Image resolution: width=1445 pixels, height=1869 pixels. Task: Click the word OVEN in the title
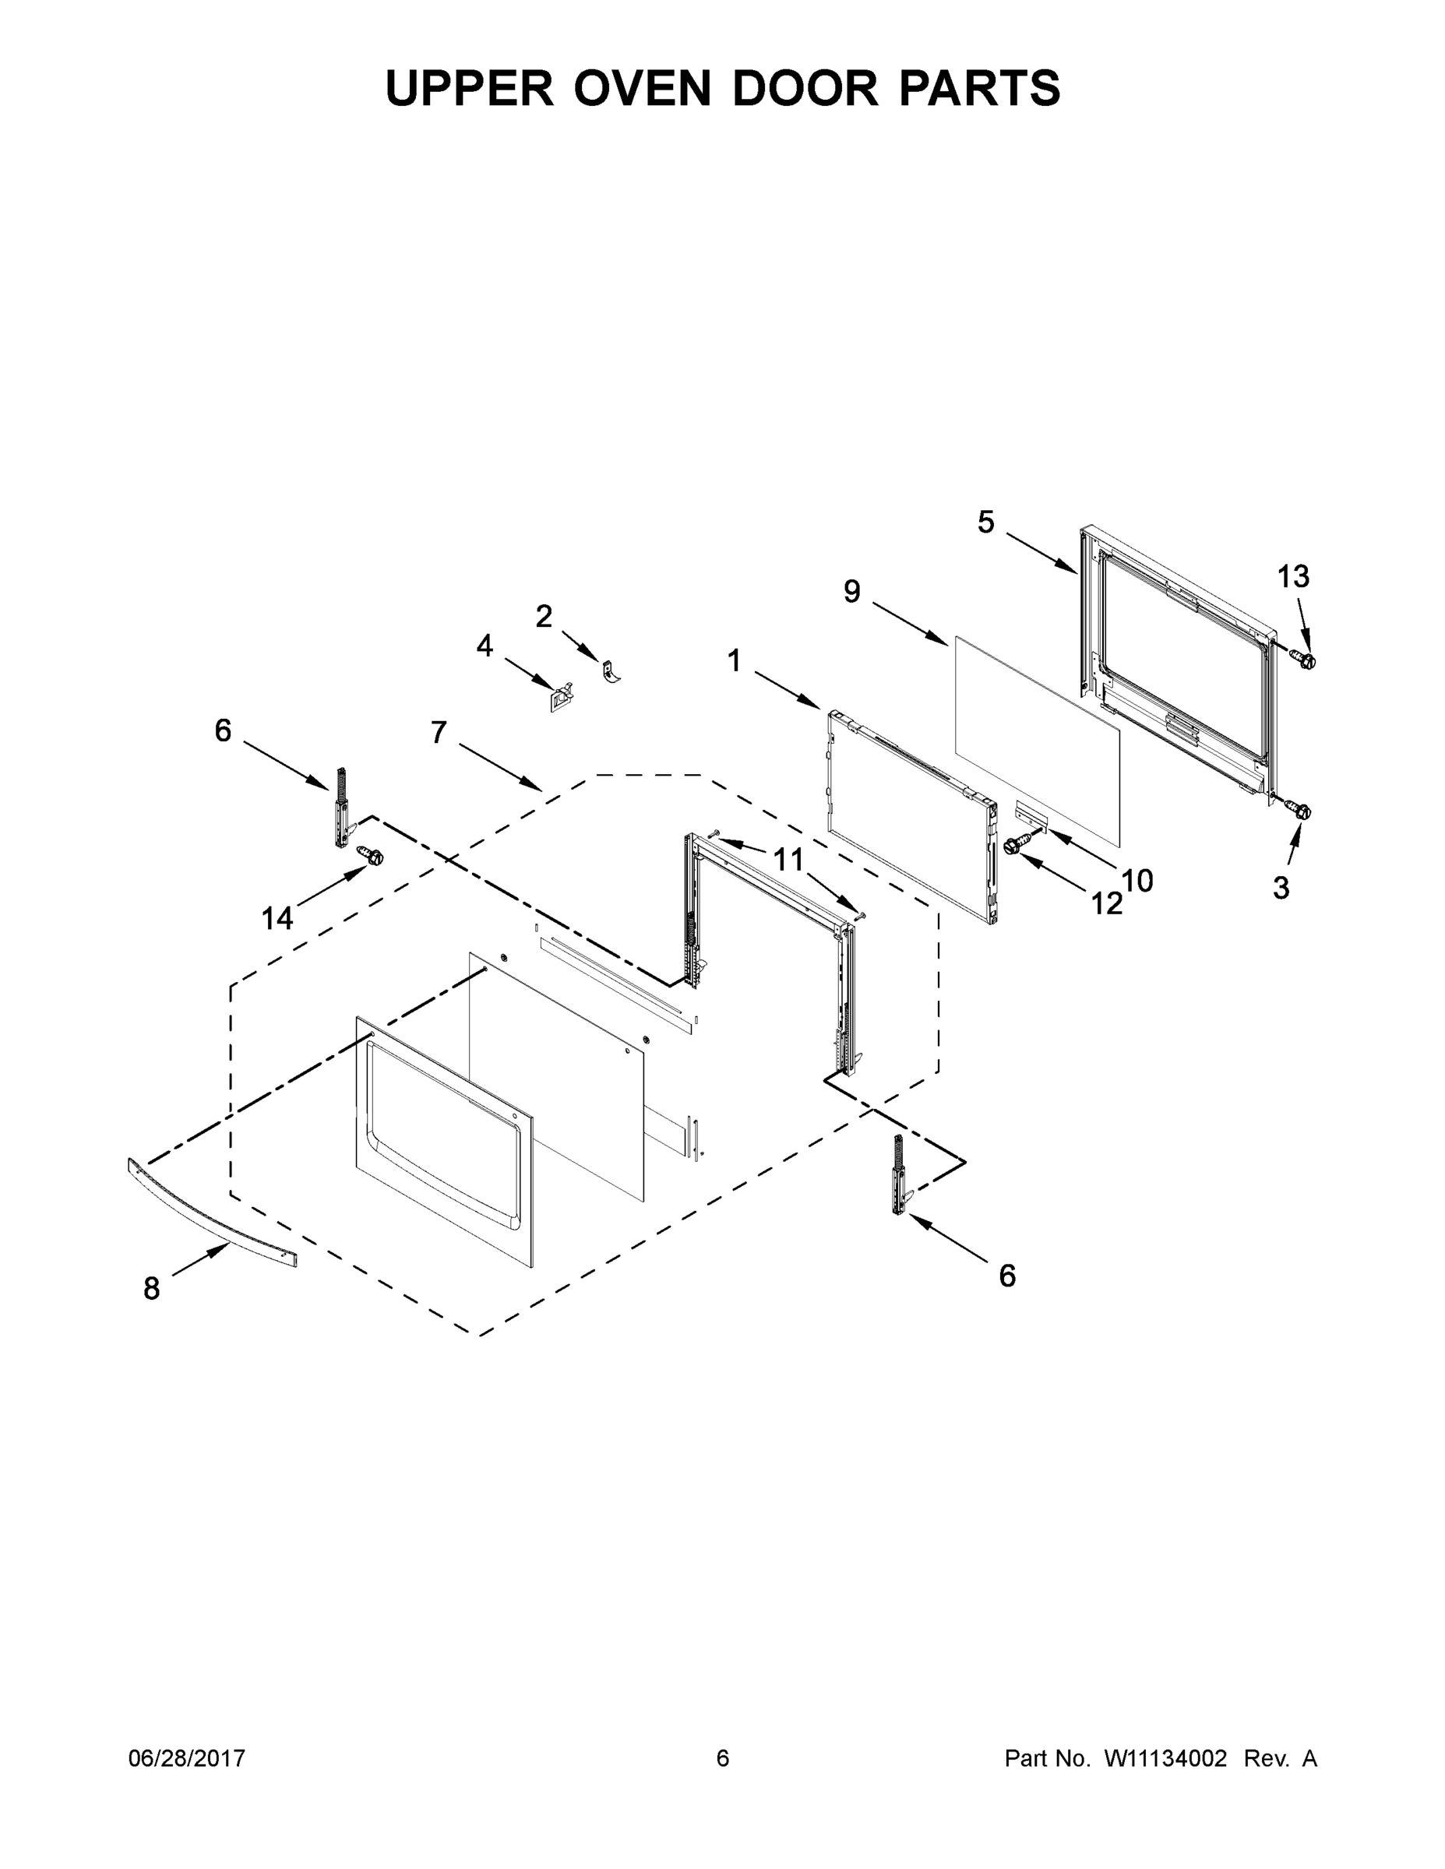[642, 88]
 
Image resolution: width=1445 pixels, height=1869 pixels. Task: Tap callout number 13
[1292, 577]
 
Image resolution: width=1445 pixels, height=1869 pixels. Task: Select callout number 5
[986, 522]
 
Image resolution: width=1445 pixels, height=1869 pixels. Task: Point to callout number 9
[851, 591]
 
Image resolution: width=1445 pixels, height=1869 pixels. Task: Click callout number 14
[277, 919]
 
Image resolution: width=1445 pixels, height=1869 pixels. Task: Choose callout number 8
[152, 1288]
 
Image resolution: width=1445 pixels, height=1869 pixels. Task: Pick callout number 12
[1106, 903]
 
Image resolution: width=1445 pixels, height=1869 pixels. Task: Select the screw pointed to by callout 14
[371, 855]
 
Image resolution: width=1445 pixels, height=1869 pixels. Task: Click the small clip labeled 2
[611, 671]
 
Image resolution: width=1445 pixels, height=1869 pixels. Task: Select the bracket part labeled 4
[561, 698]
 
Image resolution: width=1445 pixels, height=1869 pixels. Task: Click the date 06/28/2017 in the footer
[187, 1758]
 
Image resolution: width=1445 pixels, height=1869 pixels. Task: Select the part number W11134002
[1165, 1758]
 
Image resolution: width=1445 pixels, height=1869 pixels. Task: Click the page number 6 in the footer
[723, 1758]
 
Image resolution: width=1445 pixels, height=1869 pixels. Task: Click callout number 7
[439, 733]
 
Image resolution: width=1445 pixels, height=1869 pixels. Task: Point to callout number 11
[788, 859]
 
